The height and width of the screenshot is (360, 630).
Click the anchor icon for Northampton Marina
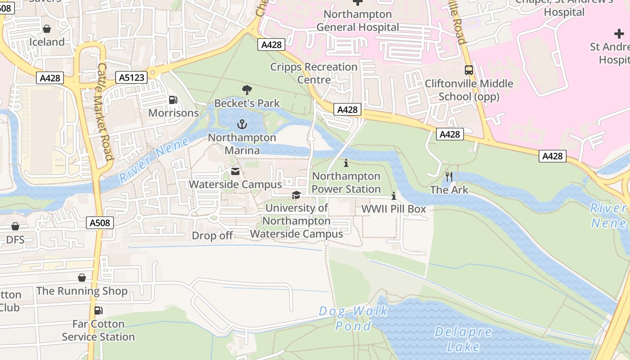(242, 124)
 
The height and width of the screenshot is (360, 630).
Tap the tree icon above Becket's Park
(247, 90)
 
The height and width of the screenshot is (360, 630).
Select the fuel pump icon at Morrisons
(173, 100)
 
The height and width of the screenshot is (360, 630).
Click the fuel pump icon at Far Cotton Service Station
(98, 310)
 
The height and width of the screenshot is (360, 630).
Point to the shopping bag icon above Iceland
(47, 29)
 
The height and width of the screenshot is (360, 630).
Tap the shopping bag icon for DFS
(15, 226)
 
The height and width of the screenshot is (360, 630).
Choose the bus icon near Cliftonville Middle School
(469, 70)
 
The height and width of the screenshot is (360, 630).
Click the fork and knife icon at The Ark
(449, 176)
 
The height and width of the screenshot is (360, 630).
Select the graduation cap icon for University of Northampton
(296, 195)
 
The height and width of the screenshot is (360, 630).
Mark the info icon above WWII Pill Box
(394, 196)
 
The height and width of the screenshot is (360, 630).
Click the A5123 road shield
(132, 77)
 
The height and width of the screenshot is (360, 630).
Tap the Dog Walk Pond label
(354, 318)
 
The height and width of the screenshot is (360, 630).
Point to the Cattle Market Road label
(104, 112)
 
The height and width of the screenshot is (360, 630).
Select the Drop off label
(212, 236)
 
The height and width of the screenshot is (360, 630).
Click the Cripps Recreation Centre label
(314, 73)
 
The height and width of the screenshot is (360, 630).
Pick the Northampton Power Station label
(346, 182)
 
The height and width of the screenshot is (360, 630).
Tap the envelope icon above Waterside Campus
(235, 171)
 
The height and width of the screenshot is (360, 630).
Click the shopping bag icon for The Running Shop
(82, 278)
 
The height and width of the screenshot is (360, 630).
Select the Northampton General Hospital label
(358, 21)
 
